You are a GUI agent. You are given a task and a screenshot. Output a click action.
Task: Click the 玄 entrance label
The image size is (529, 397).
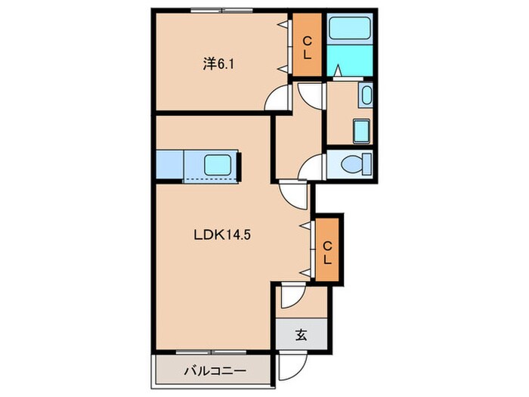302,335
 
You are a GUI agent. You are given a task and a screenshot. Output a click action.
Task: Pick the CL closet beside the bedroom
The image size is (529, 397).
308,45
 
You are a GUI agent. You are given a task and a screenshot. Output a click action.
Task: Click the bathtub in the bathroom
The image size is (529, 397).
352,30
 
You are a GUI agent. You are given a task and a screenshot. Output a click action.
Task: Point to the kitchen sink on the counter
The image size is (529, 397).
219,164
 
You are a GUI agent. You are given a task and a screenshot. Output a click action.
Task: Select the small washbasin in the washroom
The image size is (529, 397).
366,96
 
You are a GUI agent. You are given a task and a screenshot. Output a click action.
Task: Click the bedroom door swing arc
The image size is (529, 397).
280,98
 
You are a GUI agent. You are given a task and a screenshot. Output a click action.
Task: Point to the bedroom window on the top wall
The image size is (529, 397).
221,11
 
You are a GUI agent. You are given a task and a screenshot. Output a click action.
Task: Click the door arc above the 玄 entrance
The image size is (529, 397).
291,298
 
